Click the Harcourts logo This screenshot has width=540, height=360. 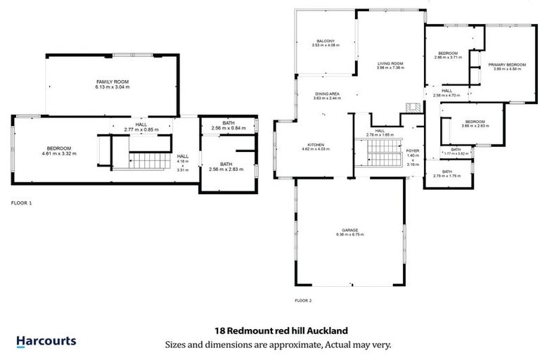(46, 342)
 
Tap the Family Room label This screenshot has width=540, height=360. (113, 82)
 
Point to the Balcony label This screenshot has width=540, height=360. (325, 41)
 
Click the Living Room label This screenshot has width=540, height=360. (390, 64)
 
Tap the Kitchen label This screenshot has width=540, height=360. (312, 145)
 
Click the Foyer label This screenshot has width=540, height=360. (413, 151)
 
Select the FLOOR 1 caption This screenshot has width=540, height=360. (21, 202)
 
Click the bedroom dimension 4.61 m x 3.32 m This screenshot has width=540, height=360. (59, 153)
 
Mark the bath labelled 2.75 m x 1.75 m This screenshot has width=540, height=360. (446, 176)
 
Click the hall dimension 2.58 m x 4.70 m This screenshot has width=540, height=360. (446, 95)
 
